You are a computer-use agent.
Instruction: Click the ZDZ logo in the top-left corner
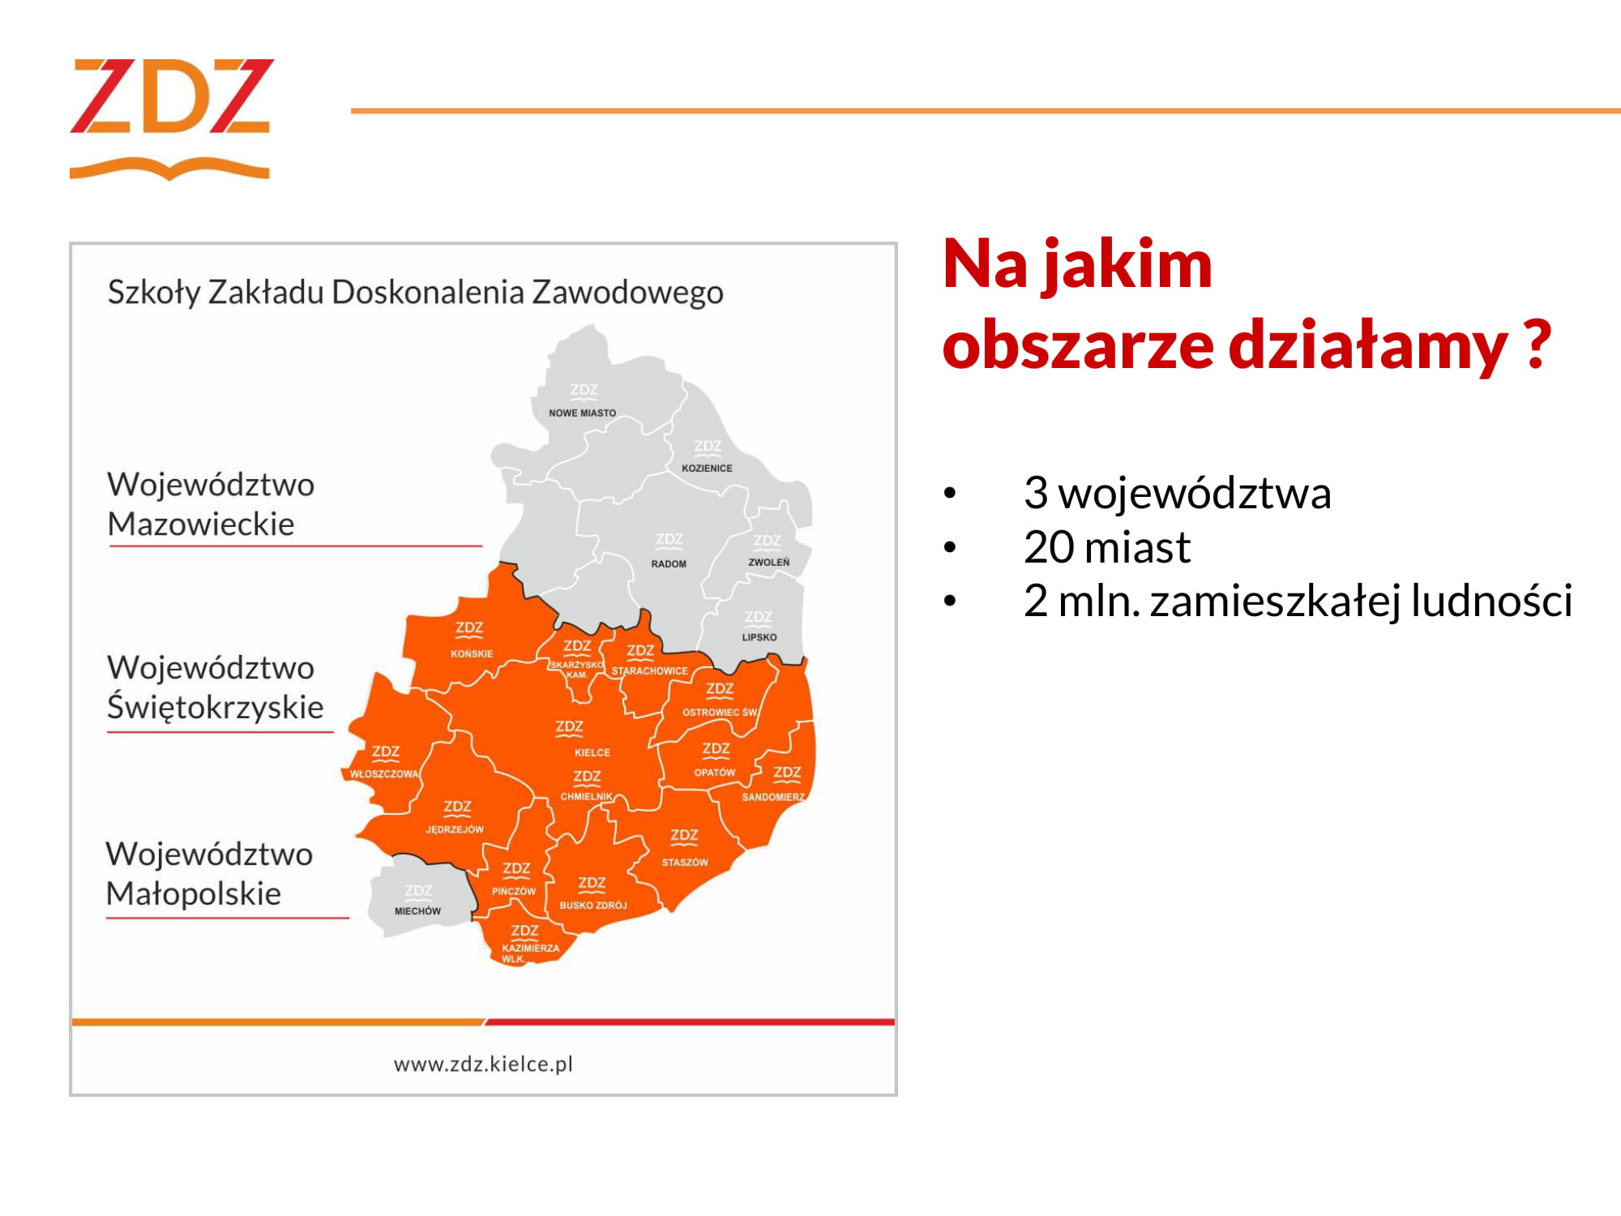pyautogui.click(x=170, y=118)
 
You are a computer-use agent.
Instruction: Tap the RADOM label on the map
pyautogui.click(x=669, y=563)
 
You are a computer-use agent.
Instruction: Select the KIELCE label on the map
pyautogui.click(x=592, y=752)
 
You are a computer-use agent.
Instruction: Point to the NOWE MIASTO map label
pyautogui.click(x=582, y=413)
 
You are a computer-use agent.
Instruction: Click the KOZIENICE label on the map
pyautogui.click(x=707, y=468)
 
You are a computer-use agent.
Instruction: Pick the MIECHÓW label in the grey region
pyautogui.click(x=417, y=910)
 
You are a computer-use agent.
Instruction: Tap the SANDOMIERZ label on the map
pyautogui.click(x=773, y=797)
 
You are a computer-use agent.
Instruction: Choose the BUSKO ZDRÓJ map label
pyautogui.click(x=593, y=905)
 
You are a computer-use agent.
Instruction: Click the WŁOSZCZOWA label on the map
pyautogui.click(x=384, y=773)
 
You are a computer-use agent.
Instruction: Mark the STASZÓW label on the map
pyautogui.click(x=685, y=862)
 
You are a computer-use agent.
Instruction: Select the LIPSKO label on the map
pyautogui.click(x=759, y=636)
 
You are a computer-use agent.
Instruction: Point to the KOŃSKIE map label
pyautogui.click(x=472, y=653)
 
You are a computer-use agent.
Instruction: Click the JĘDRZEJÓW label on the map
pyautogui.click(x=455, y=829)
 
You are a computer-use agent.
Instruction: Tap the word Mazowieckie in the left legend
pyautogui.click(x=201, y=524)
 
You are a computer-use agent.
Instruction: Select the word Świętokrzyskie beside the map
pyautogui.click(x=216, y=707)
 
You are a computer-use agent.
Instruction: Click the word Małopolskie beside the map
pyautogui.click(x=194, y=893)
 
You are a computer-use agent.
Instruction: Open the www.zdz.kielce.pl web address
pyautogui.click(x=483, y=1064)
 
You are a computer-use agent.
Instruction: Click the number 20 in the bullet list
pyautogui.click(x=1049, y=547)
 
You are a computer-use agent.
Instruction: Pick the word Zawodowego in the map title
pyautogui.click(x=627, y=293)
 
